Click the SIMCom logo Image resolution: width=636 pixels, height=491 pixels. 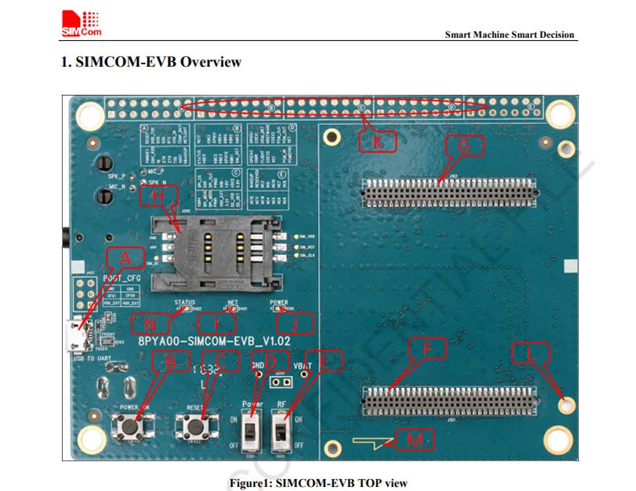click(81, 22)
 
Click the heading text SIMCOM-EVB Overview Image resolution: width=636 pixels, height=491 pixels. click(151, 62)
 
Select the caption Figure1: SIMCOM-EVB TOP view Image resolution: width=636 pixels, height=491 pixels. click(318, 483)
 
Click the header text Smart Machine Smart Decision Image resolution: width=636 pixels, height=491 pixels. click(510, 35)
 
